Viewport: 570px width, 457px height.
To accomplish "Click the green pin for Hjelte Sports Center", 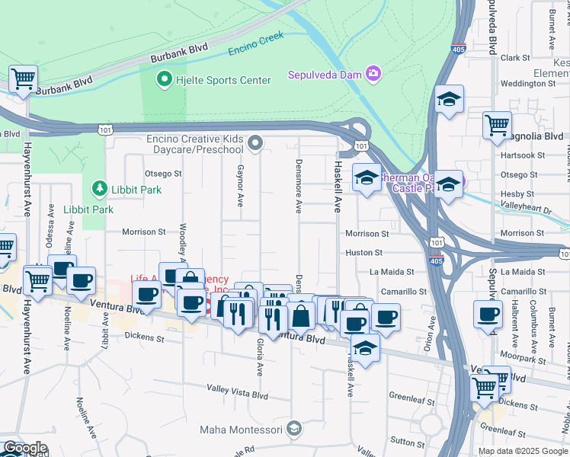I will point(163,79).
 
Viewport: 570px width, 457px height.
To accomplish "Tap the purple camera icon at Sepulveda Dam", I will point(373,74).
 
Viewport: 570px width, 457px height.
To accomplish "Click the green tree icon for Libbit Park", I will point(98,187).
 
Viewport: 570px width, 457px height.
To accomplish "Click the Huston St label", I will point(363,252).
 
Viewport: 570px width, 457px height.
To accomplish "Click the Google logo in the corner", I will point(24,448).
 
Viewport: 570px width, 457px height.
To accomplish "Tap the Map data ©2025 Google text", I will point(523,451).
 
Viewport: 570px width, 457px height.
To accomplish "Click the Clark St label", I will point(515,57).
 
